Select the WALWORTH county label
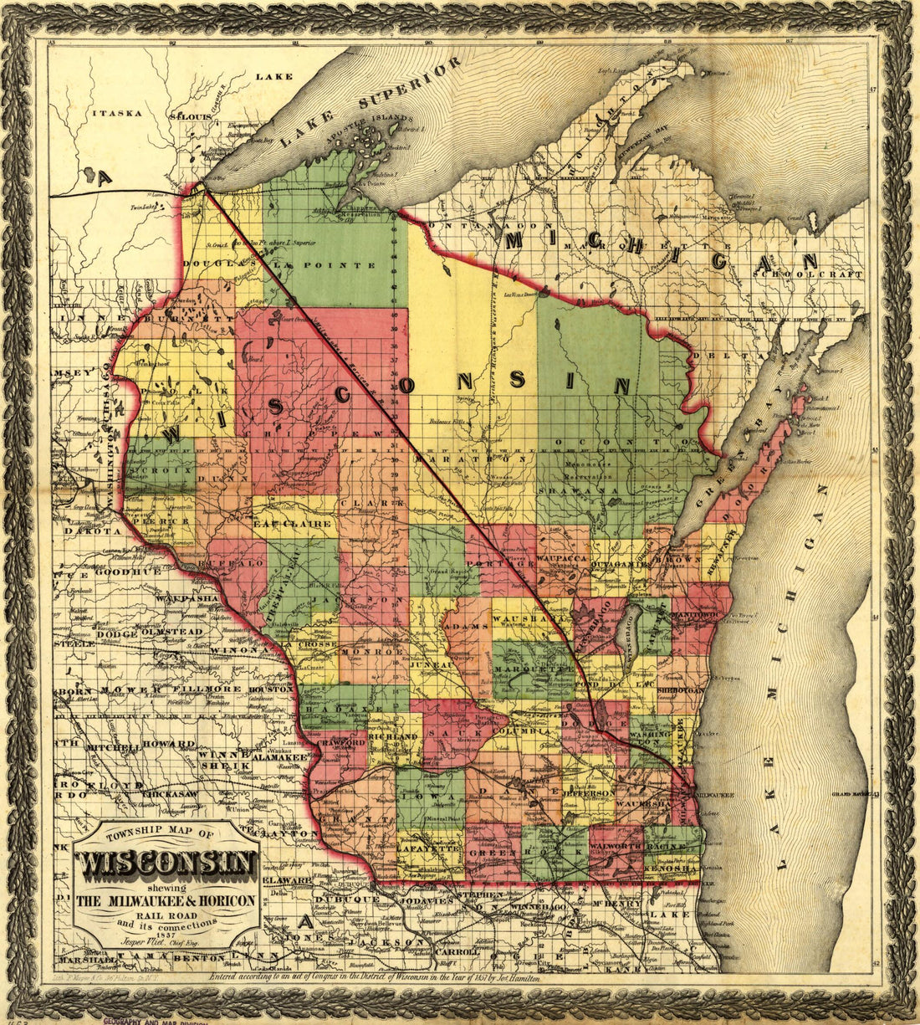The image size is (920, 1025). [616, 847]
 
